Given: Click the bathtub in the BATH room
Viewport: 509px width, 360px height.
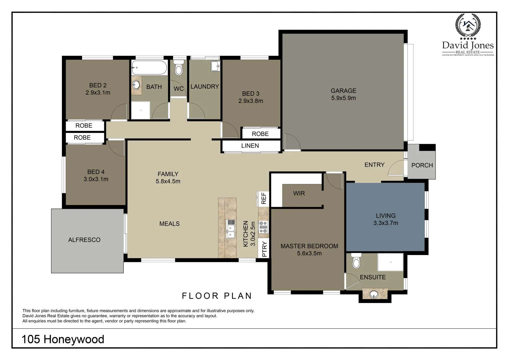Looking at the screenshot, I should [149, 68].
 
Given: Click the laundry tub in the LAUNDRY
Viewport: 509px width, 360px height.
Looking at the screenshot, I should [215, 66].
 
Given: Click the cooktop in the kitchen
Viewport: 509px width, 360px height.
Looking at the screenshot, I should [263, 227].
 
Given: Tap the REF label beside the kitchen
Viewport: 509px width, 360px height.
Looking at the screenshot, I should [264, 198].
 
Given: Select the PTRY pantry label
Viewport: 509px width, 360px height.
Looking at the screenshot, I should [264, 249].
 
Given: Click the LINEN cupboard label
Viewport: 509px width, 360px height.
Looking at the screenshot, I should [250, 146].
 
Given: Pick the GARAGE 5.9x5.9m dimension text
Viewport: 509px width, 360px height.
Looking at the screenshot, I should [343, 98].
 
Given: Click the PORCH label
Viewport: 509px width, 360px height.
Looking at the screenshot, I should [422, 165].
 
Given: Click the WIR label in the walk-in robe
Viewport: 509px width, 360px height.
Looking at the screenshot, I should [299, 193].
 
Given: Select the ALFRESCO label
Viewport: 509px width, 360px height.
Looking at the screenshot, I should [84, 240].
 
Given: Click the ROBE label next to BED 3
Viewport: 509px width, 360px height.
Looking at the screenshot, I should [260, 134].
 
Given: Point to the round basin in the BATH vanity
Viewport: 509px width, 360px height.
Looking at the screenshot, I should [136, 85].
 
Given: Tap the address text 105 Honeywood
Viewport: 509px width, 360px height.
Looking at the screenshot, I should [63, 339].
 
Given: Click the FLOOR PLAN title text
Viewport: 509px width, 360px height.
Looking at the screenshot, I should [217, 296].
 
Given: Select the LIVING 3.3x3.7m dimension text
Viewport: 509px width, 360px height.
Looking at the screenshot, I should [386, 223].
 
